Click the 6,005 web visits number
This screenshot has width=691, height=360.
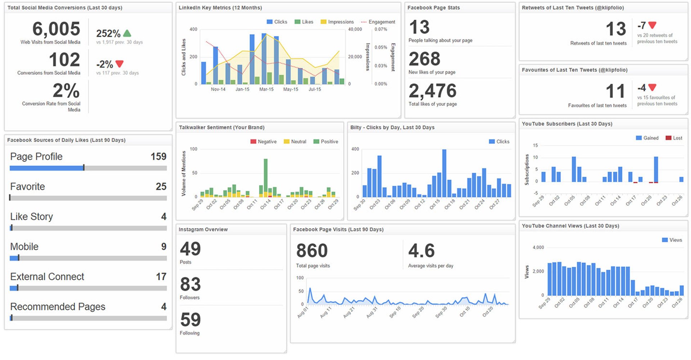[56, 29]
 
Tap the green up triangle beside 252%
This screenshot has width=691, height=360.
[127, 33]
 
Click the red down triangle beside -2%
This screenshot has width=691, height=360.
[119, 64]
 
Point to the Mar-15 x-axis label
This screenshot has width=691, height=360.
[266, 89]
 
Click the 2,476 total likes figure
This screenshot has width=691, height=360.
[433, 91]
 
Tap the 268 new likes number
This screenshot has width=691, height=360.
[425, 59]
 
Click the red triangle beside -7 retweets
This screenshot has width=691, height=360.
[652, 25]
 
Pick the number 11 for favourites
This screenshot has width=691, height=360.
[615, 91]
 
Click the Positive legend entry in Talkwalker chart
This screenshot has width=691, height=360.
[326, 141]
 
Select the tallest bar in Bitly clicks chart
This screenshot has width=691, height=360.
[444, 173]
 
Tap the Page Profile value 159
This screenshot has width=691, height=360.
[158, 157]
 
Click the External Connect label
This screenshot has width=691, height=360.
[47, 276]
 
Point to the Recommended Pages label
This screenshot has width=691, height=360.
[58, 307]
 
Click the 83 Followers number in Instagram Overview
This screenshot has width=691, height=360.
[190, 284]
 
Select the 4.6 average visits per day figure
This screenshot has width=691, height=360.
[421, 251]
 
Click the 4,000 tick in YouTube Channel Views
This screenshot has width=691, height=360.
[538, 248]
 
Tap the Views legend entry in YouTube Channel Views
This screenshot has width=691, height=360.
[672, 240]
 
